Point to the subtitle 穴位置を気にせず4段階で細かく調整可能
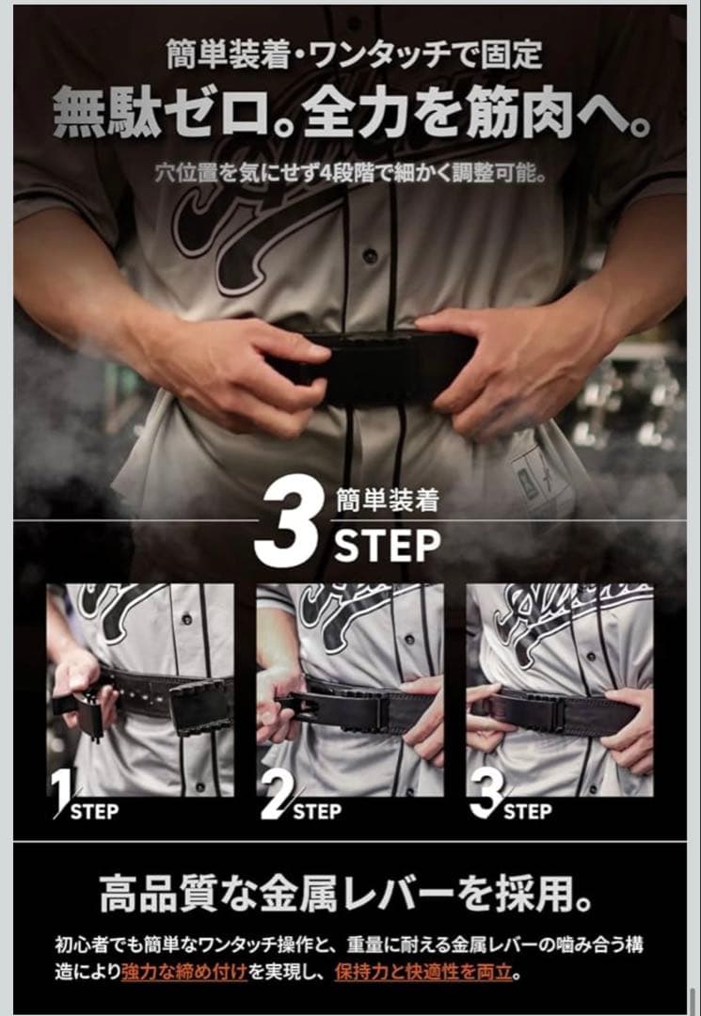point(350,174)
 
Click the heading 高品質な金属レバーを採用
point(348,894)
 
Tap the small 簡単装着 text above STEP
point(387,501)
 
